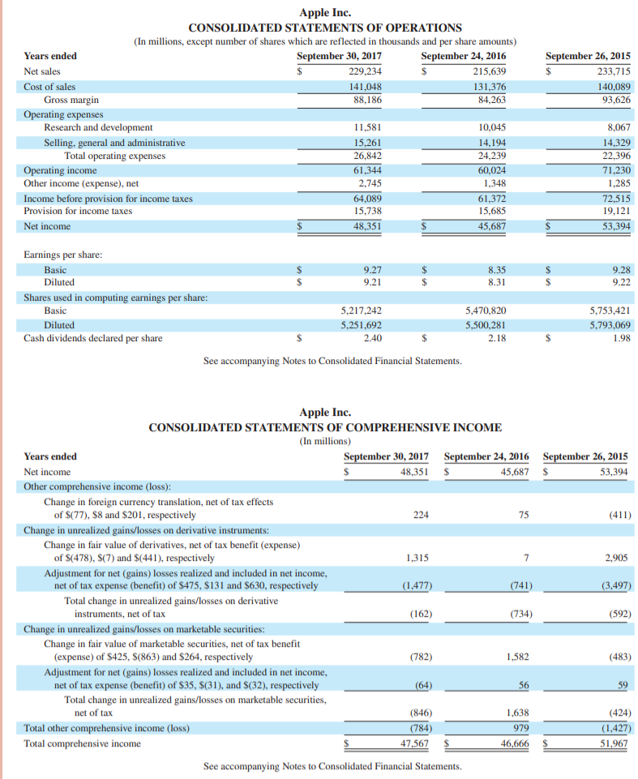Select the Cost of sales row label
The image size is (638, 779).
click(x=49, y=87)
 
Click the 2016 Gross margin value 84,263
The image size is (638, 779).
click(x=490, y=100)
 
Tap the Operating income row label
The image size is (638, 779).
click(x=60, y=170)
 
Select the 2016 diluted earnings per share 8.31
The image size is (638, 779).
click(x=497, y=282)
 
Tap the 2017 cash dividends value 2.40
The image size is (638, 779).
click(x=373, y=338)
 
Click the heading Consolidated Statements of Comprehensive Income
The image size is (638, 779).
click(x=325, y=427)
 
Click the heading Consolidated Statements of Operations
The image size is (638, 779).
click(x=325, y=28)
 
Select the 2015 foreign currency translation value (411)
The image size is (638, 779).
click(x=619, y=514)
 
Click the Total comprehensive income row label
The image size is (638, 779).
click(x=82, y=743)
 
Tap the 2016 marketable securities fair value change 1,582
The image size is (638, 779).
click(x=517, y=657)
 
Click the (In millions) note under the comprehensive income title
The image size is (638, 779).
click(x=325, y=441)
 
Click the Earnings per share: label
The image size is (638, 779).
click(x=62, y=255)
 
